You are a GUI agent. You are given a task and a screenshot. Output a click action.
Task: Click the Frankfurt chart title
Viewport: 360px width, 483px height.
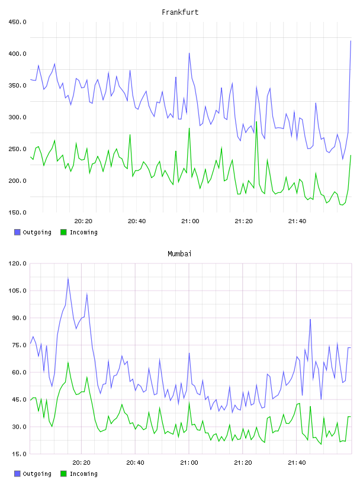(180, 12)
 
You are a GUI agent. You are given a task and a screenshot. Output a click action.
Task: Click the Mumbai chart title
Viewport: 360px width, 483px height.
(179, 254)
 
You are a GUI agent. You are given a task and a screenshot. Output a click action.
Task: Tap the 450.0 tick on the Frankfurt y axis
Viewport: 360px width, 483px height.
(17, 22)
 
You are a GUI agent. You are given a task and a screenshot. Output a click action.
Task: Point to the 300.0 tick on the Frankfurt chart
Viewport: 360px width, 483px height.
(17, 117)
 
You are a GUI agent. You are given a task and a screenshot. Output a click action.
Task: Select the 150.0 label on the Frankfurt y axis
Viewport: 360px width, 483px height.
(17, 212)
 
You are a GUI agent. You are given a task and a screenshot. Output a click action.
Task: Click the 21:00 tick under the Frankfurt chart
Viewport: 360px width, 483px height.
(190, 221)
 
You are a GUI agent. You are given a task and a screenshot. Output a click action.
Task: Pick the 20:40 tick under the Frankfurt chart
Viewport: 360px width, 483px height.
(137, 221)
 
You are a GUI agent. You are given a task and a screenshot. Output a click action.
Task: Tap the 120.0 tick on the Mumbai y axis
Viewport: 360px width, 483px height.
(17, 263)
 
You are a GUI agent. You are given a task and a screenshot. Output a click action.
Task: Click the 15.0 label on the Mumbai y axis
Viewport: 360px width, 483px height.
(19, 454)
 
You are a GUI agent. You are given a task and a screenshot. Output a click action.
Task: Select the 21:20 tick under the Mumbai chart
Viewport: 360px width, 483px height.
(243, 462)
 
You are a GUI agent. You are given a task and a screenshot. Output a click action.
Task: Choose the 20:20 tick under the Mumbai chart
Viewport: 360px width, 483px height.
(81, 462)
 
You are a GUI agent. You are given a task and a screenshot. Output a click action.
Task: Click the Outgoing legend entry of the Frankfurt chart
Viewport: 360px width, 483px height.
(33, 232)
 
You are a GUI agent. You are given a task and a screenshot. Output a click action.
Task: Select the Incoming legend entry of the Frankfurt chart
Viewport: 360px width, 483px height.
(79, 232)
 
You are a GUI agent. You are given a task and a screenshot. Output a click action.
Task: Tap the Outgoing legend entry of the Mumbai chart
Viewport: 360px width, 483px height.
(33, 474)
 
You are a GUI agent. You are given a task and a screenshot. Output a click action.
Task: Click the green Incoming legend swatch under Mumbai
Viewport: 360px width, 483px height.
(63, 474)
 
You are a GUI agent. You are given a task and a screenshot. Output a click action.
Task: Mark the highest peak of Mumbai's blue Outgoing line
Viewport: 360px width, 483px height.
(68, 278)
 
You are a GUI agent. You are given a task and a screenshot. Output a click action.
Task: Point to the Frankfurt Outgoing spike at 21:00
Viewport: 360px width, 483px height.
(189, 53)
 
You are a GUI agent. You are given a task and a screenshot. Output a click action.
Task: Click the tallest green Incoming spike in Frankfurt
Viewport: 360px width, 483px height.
(256, 122)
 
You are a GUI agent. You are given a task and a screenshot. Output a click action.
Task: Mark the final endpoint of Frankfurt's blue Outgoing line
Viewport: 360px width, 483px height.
(351, 41)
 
